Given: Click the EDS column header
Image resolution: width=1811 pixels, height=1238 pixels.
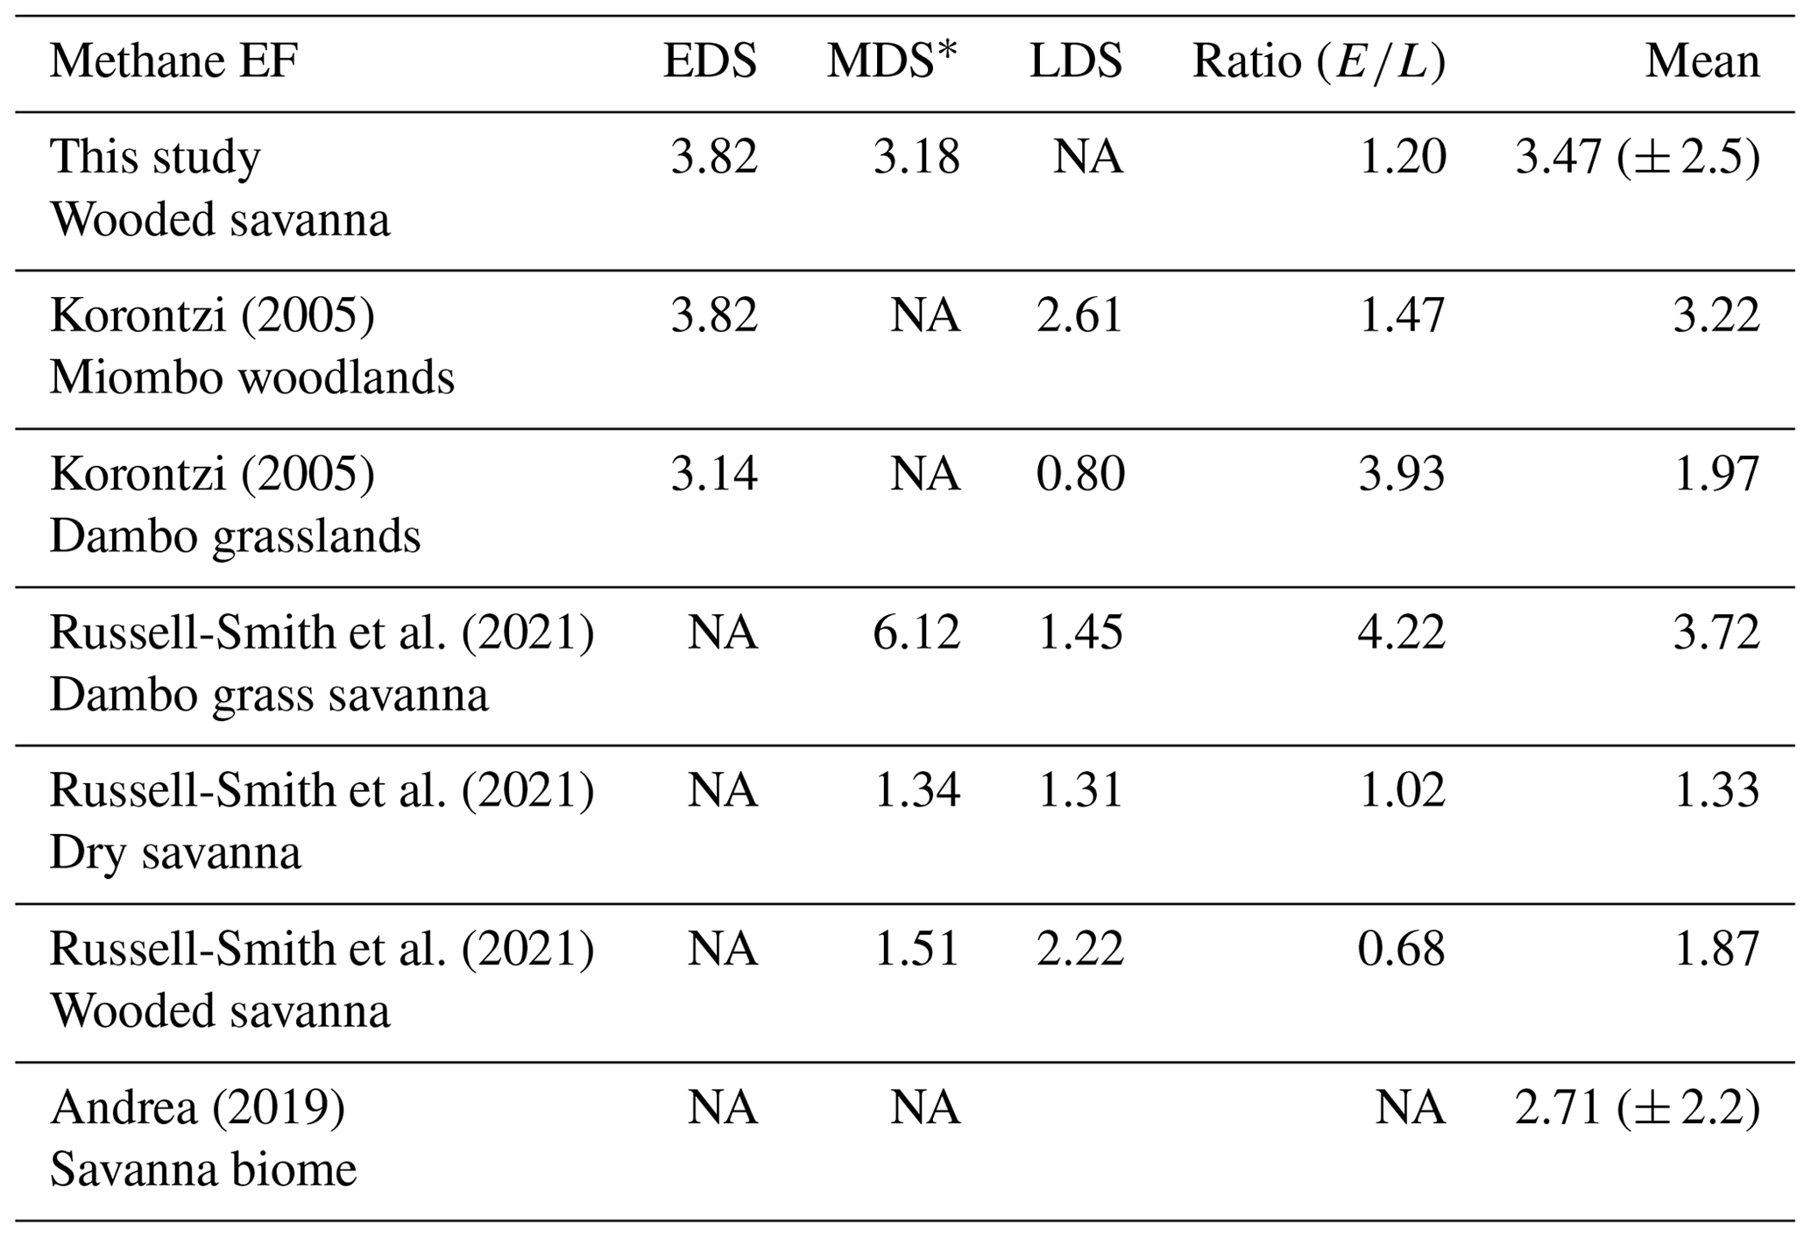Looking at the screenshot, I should [x=710, y=62].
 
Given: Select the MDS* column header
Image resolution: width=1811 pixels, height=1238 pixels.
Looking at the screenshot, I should [x=893, y=62].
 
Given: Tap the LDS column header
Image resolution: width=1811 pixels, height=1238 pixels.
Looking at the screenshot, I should [x=1076, y=62].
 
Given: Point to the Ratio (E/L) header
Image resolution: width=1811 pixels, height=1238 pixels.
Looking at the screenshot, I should [x=1319, y=62].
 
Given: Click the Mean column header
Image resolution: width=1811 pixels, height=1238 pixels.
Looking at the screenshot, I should [x=1701, y=62].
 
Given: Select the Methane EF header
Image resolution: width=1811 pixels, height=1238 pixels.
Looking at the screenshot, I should [x=173, y=62].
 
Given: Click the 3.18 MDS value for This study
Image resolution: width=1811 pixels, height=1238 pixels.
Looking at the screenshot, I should [x=916, y=158].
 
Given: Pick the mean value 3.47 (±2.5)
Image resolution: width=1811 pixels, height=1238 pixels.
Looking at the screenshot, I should [x=1637, y=158].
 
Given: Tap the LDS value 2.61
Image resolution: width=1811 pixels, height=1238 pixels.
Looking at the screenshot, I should [x=1079, y=315].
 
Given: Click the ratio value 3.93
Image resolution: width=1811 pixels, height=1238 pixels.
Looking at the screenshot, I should [x=1401, y=474].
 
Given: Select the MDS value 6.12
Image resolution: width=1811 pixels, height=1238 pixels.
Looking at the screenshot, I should [x=916, y=633].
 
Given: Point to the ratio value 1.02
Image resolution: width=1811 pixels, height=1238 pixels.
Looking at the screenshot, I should [x=1401, y=790].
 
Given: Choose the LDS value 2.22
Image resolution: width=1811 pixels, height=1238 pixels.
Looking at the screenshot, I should [x=1079, y=949].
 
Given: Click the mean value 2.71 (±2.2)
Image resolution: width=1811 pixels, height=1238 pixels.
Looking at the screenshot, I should [x=1637, y=1107].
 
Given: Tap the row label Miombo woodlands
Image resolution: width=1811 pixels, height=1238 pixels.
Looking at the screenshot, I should [x=252, y=378].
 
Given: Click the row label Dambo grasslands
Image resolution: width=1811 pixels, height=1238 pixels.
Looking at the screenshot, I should [x=235, y=536].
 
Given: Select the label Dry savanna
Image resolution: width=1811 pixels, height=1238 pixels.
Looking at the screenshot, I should [x=175, y=852].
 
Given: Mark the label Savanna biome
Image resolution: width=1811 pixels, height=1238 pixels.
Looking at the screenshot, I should [x=203, y=1169].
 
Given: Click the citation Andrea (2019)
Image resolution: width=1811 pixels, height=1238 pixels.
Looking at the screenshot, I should [x=197, y=1107].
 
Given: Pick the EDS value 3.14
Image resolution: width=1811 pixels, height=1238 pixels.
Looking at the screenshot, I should [x=713, y=474].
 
